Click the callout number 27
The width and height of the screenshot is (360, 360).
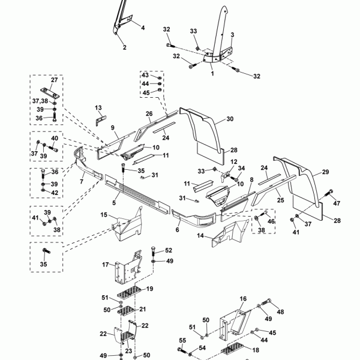coord(54,80)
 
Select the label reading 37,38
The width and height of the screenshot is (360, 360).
coord(40,101)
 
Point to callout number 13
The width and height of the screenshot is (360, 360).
coord(98,107)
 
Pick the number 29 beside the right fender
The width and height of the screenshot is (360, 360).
coord(325,172)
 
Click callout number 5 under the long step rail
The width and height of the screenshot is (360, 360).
coord(114,203)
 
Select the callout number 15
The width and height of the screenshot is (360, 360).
coord(104,215)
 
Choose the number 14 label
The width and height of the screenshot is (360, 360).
coord(200,236)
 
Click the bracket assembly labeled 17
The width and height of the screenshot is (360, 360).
coord(128,268)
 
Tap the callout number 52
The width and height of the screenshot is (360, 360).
coord(169,250)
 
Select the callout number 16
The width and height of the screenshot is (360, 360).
coord(243,298)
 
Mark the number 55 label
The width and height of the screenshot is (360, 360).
coord(182,340)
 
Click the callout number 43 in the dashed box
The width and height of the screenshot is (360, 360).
coord(145,75)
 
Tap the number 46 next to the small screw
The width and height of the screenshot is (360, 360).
coord(271,221)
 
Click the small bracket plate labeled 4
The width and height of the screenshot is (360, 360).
coord(128,19)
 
